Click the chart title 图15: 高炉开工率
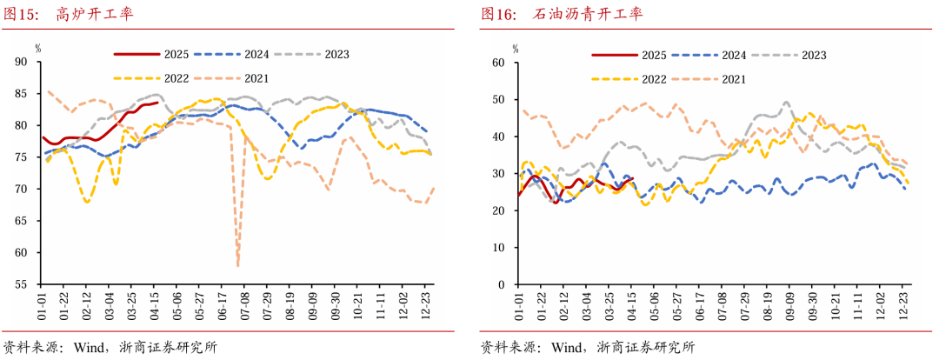pos(69,15)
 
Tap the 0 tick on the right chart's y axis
pos(502,284)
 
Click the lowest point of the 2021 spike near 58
pos(238,264)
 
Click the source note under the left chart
pos(110,347)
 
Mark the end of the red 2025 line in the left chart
pos(156,103)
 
